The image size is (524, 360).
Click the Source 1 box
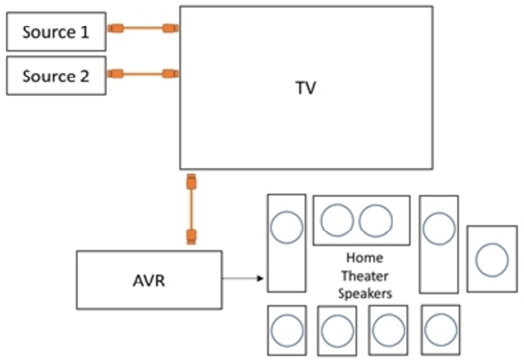[x=55, y=32]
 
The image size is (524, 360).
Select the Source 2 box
[x=55, y=77]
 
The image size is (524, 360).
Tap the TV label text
[x=306, y=88]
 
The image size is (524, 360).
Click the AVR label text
[x=149, y=279]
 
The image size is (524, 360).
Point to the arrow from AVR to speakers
[x=243, y=279]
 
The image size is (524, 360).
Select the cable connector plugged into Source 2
[x=115, y=73]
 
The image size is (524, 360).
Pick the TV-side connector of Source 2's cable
[x=170, y=73]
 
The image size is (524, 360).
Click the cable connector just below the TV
[x=192, y=183]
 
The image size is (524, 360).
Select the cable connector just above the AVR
[x=192, y=235]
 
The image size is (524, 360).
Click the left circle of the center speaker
[x=338, y=220]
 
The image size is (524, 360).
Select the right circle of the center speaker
[x=376, y=220]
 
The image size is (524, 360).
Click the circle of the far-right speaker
[x=492, y=259]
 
